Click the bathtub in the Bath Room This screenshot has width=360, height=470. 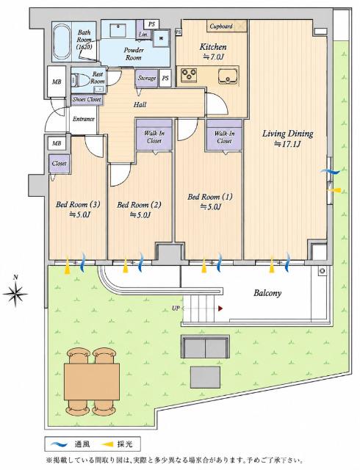pyautogui.click(x=62, y=41)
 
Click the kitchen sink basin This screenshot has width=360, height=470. pyautogui.click(x=228, y=76)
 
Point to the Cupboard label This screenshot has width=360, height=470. pyautogui.click(x=221, y=26)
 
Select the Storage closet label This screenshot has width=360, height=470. pyautogui.click(x=147, y=79)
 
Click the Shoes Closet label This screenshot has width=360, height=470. pyautogui.click(x=87, y=100)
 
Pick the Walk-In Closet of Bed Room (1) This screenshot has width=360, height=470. pyautogui.click(x=224, y=134)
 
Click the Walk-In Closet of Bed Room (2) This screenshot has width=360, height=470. pyautogui.click(x=154, y=134)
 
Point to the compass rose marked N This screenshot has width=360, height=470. pyautogui.click(x=15, y=294)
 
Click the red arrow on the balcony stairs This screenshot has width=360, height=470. pyautogui.click(x=220, y=308)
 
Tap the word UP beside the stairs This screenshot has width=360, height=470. pyautogui.click(x=176, y=308)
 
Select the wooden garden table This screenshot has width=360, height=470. pyautogui.click(x=92, y=381)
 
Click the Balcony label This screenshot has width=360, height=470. pyautogui.click(x=267, y=293)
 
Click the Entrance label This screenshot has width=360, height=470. pyautogui.click(x=84, y=119)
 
